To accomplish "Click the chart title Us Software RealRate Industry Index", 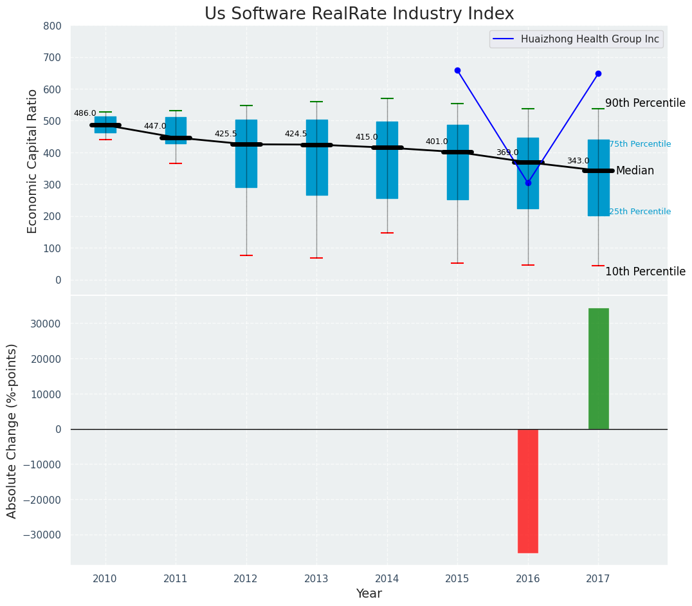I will (359, 14).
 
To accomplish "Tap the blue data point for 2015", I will (457, 70).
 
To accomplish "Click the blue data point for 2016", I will (528, 183).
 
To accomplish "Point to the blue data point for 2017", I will (598, 73).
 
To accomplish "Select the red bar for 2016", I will (528, 491).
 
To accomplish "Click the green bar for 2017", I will (598, 369).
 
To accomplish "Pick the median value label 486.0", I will (85, 113).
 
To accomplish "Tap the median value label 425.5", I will (226, 134).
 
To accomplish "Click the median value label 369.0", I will (507, 152).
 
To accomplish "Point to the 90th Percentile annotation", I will (645, 103).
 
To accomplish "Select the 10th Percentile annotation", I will (645, 271).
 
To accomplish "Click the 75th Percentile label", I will (640, 144).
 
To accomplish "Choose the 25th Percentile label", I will (640, 212).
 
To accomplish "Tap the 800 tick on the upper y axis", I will (53, 26).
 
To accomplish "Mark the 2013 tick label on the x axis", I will (316, 578).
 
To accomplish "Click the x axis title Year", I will (369, 594).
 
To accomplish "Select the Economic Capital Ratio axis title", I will (32, 161).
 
